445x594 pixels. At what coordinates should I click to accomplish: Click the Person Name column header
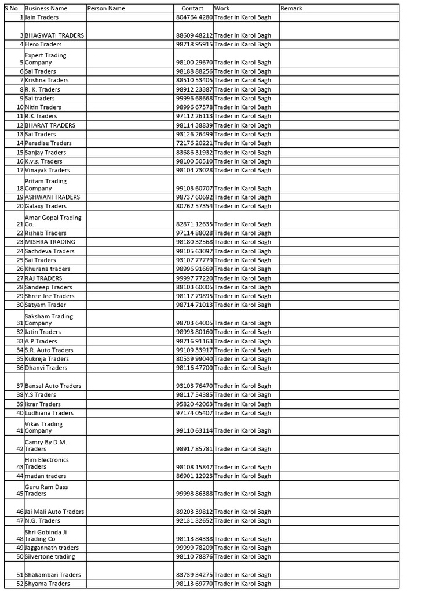coord(106,9)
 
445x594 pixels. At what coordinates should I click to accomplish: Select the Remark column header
coord(291,9)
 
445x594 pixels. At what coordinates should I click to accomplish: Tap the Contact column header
coord(193,9)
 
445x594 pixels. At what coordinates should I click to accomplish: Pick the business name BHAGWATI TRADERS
coord(54,35)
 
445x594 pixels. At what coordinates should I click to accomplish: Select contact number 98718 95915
coord(194,44)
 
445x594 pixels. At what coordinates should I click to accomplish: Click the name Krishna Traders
coord(47,80)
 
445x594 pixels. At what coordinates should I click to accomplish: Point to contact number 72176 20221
coord(194,143)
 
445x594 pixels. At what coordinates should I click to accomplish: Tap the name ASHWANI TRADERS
coord(53,197)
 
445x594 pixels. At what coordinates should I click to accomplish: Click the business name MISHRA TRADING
coord(50,242)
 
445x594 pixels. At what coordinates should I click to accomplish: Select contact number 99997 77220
coord(194,278)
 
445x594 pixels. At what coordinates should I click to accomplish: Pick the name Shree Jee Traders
coord(50,296)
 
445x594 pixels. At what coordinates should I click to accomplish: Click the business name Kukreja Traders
coord(47,359)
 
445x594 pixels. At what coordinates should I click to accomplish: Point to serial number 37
coord(20,386)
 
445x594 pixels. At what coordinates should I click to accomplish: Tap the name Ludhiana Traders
coord(49,413)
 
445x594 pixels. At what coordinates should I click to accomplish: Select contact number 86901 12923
coord(194,476)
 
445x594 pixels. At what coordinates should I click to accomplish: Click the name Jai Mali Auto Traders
coord(54,512)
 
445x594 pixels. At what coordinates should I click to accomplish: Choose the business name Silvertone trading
coord(50,557)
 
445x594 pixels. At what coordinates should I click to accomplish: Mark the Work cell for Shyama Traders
coord(243,584)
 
